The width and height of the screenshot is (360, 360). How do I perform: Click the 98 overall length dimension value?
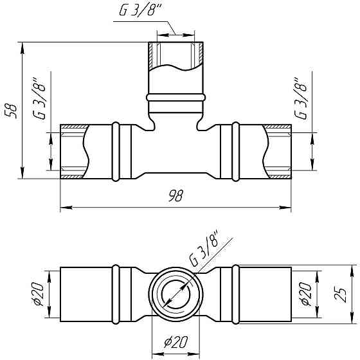pos(176,196)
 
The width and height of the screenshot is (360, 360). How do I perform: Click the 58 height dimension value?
pos(12,111)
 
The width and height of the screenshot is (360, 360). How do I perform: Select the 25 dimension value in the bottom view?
pos(340,294)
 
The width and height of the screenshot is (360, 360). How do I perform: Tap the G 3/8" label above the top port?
pos(141,10)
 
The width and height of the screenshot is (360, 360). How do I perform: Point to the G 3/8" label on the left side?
pos(39,98)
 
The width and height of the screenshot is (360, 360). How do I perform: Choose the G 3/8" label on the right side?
pos(301,98)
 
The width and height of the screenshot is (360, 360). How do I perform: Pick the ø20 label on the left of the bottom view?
pos(37,294)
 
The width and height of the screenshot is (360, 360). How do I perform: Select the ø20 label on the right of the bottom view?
pos(306,294)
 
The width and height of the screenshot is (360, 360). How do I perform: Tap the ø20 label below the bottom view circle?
pos(176,342)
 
